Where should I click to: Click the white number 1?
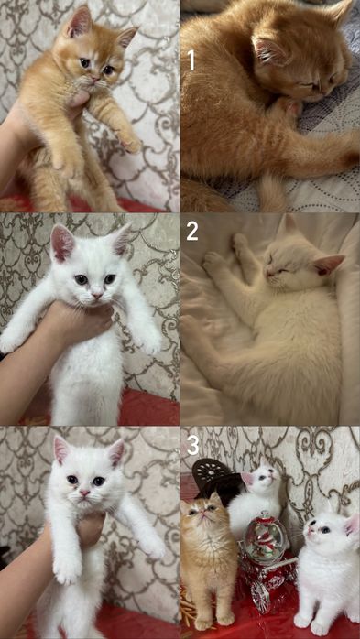coord(191,60)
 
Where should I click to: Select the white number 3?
coord(192,445)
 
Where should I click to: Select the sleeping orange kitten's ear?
coord(267,50)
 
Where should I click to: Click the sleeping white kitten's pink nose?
coord(267,272)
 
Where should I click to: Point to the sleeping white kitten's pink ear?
coord(327,265)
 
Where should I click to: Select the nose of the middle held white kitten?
coord(96,294)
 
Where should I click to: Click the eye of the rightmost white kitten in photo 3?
coord(323,529)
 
